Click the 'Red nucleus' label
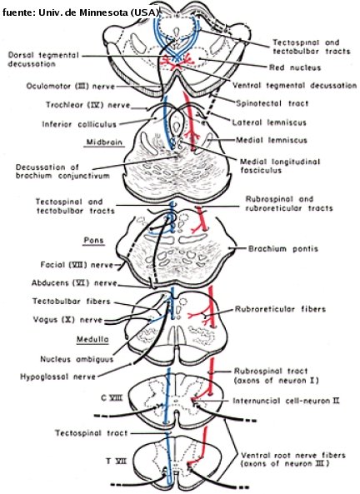[294, 67]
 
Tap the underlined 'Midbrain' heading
[104, 142]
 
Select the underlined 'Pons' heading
[93, 241]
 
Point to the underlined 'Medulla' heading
[92, 339]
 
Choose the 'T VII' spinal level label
[116, 462]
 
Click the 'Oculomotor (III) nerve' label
[71, 86]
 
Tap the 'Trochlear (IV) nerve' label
[88, 105]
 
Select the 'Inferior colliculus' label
[79, 124]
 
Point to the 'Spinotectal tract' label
[272, 103]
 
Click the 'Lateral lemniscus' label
[269, 122]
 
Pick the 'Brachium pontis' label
[283, 248]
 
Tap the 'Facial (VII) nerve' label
[77, 265]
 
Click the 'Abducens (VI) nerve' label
[74, 283]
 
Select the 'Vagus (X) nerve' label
[67, 320]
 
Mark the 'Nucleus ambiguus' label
[77, 359]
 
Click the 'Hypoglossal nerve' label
[57, 377]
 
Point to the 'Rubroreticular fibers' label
[280, 309]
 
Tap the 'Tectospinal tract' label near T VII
[92, 433]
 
